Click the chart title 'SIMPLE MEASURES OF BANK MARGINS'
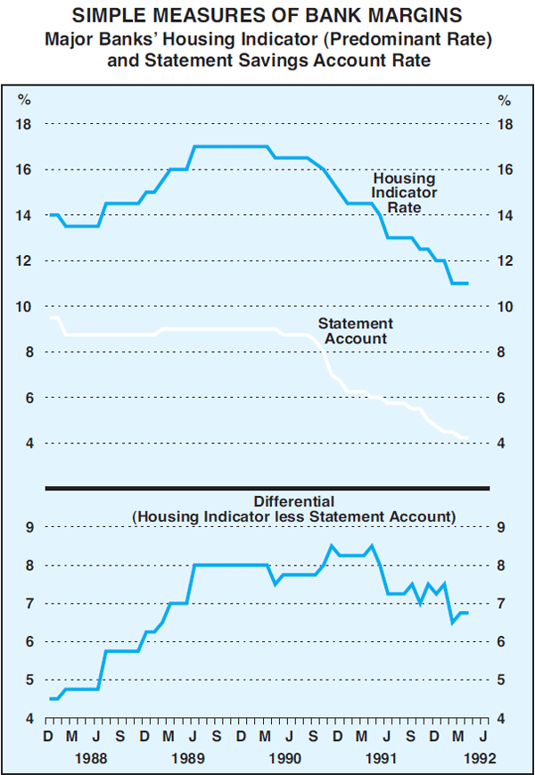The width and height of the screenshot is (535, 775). click(x=267, y=15)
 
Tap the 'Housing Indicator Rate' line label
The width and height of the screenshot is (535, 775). click(x=405, y=193)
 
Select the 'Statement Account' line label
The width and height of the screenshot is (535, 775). click(x=356, y=331)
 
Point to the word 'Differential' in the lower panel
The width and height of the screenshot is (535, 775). click(x=294, y=501)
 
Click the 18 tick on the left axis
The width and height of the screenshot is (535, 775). click(x=25, y=124)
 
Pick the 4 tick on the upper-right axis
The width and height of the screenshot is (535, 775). click(x=505, y=443)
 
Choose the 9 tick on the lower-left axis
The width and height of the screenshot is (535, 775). click(x=29, y=527)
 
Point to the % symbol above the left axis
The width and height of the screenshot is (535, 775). click(x=25, y=99)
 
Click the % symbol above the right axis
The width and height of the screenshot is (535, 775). click(x=505, y=99)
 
